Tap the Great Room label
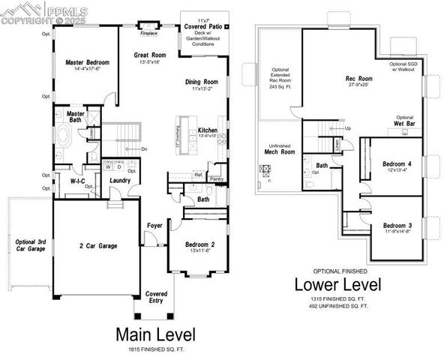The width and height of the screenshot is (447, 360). point(150,55)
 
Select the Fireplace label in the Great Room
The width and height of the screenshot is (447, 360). point(150,33)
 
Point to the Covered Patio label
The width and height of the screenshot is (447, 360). point(204,27)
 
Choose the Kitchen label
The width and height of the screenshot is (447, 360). point(208,130)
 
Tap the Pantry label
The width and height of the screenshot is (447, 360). point(217,179)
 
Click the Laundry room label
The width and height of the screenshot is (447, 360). point(121,180)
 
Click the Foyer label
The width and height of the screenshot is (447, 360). point(154,223)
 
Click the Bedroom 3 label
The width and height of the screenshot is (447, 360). point(396,226)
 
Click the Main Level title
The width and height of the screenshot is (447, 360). point(156,333)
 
